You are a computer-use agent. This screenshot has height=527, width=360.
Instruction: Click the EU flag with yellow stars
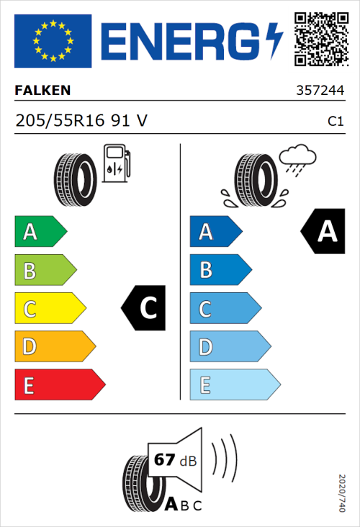click(53, 41)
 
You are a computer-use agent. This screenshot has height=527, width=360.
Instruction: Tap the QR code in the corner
click(320, 40)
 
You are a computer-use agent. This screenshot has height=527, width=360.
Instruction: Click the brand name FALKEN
click(43, 91)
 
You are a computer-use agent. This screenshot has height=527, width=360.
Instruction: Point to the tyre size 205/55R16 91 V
click(81, 121)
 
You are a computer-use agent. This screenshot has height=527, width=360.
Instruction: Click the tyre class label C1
click(335, 122)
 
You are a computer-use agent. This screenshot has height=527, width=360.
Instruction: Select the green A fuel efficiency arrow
click(40, 232)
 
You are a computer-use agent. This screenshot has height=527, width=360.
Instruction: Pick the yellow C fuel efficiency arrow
click(49, 309)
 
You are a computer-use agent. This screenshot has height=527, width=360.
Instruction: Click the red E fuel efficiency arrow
click(59, 385)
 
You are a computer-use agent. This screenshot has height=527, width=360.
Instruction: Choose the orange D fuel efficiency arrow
click(54, 347)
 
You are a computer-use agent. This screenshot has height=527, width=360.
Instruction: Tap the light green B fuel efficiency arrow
click(45, 271)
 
